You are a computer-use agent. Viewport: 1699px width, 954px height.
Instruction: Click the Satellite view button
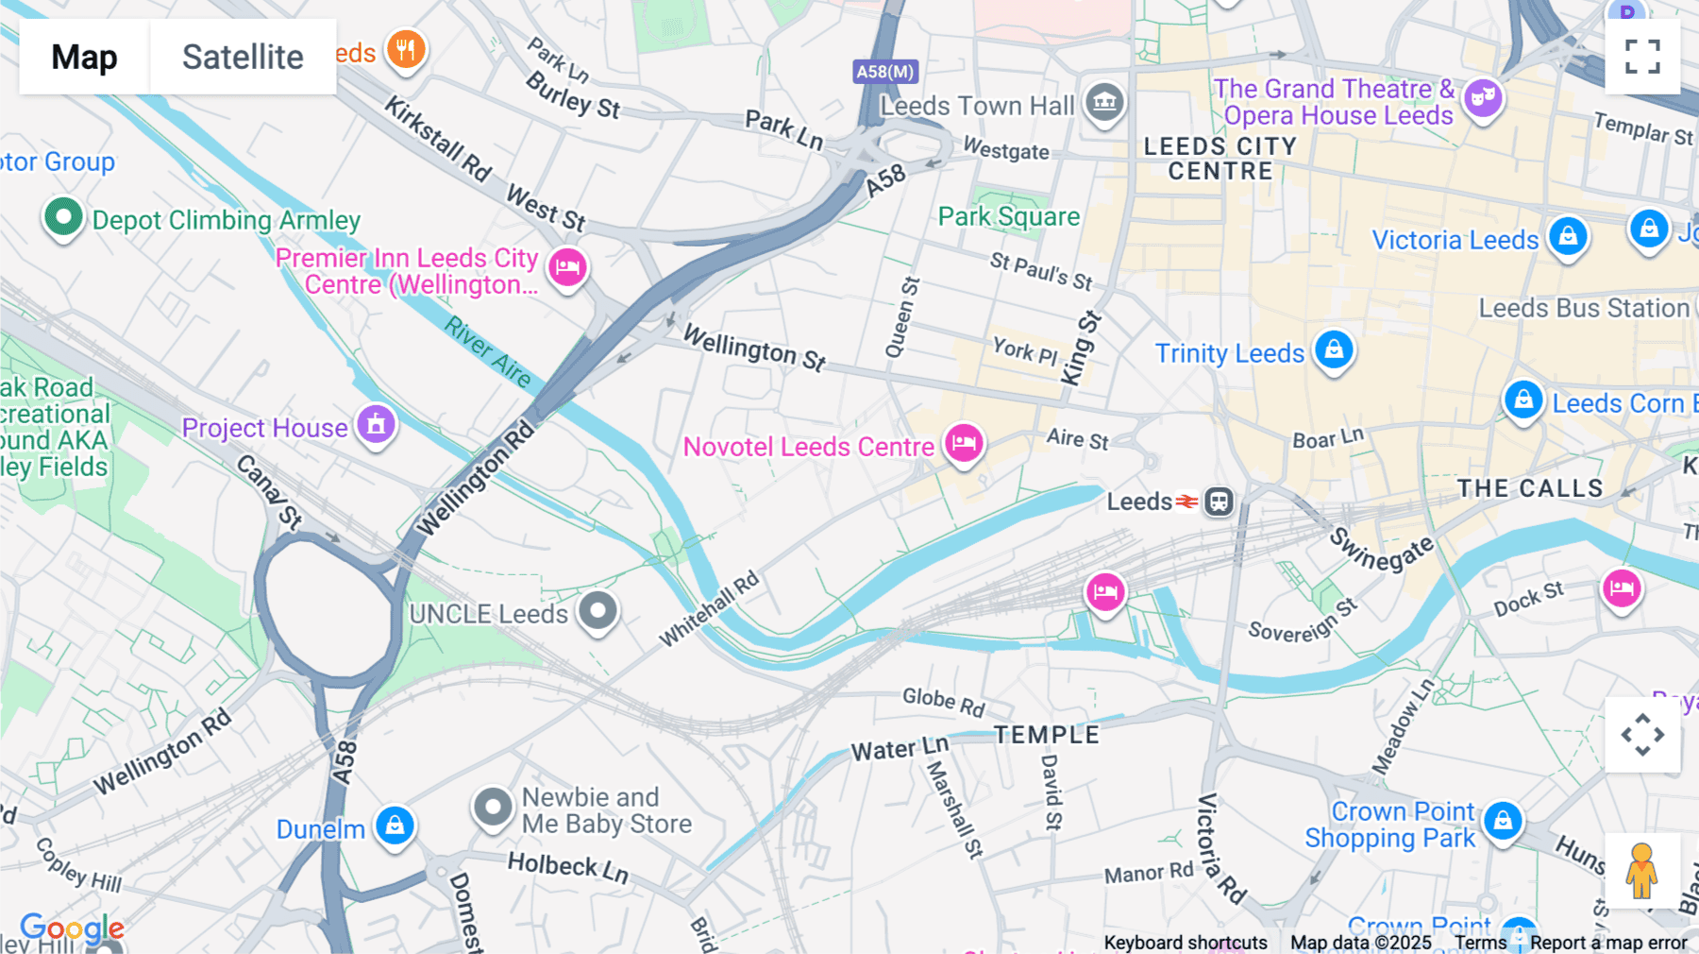(x=243, y=57)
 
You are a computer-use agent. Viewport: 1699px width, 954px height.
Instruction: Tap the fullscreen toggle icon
(x=1642, y=57)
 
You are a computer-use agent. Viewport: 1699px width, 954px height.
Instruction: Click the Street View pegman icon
(x=1641, y=870)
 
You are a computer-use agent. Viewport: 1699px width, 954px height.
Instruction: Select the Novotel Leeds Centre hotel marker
(x=964, y=442)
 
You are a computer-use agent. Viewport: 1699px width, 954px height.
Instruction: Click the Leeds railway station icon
(x=1219, y=502)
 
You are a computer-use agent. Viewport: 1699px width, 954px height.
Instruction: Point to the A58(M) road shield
(x=884, y=72)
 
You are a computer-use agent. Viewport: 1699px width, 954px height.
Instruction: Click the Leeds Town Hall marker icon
(x=1104, y=101)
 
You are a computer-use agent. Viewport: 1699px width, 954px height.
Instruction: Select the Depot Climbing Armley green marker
(x=63, y=217)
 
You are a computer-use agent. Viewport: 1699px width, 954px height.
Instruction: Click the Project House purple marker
(x=376, y=424)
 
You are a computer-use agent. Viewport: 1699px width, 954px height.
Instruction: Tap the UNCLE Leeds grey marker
(x=597, y=611)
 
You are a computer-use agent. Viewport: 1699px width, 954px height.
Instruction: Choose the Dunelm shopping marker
(x=395, y=826)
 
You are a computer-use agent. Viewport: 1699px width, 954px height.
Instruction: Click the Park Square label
(x=1008, y=217)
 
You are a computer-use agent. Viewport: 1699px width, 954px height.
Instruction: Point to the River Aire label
(x=488, y=352)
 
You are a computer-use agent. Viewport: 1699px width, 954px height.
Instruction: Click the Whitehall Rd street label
(x=709, y=609)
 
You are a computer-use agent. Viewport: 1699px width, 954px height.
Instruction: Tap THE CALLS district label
(x=1529, y=488)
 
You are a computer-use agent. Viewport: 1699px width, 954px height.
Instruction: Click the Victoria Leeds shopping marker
(x=1568, y=236)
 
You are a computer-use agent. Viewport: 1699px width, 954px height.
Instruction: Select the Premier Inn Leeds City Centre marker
(x=567, y=267)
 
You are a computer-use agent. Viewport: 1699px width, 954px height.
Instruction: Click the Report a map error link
(x=1608, y=943)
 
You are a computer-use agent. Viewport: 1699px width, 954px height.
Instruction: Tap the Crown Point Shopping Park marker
(x=1503, y=821)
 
